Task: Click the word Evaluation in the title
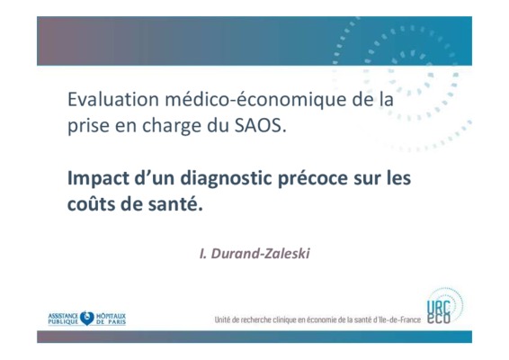[x=113, y=99]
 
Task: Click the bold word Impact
[x=98, y=178]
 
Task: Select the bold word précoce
[x=313, y=178]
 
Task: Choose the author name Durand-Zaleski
[x=260, y=254]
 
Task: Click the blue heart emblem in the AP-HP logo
[x=87, y=318]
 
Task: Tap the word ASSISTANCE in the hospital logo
[x=63, y=316]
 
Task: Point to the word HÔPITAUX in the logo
[x=111, y=316]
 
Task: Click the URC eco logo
[x=444, y=307]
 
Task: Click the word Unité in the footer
[x=223, y=320]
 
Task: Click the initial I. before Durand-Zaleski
[x=203, y=254]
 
